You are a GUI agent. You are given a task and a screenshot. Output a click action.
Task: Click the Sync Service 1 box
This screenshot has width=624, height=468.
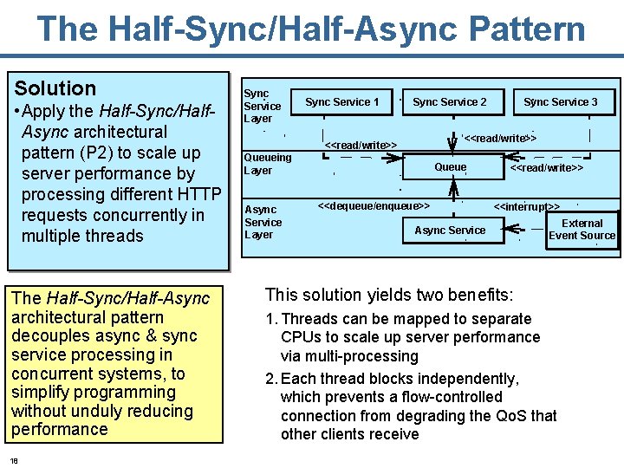[341, 102]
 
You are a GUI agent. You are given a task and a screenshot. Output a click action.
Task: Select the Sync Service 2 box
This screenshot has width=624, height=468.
[449, 102]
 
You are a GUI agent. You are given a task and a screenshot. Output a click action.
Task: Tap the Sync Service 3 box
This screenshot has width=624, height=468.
[560, 102]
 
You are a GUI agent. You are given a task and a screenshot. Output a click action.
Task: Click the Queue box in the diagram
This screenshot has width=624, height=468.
[451, 167]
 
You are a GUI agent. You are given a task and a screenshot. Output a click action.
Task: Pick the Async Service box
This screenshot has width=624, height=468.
[450, 230]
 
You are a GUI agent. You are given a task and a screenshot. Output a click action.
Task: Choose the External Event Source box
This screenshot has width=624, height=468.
[582, 230]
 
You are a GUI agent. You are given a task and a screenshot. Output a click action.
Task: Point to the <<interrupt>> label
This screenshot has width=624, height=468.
[526, 207]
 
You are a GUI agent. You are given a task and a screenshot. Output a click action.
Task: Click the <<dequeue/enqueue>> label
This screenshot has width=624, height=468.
[373, 206]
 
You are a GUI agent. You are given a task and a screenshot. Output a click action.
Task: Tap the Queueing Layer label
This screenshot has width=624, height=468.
[267, 164]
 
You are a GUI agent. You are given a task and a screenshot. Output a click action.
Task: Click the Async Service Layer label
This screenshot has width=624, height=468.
[263, 222]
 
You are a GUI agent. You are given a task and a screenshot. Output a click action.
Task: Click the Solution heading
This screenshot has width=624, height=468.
[55, 88]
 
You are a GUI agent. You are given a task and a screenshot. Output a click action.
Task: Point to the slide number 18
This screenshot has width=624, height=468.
[15, 459]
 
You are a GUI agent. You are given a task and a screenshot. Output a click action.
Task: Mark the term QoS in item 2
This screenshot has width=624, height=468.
[517, 415]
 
